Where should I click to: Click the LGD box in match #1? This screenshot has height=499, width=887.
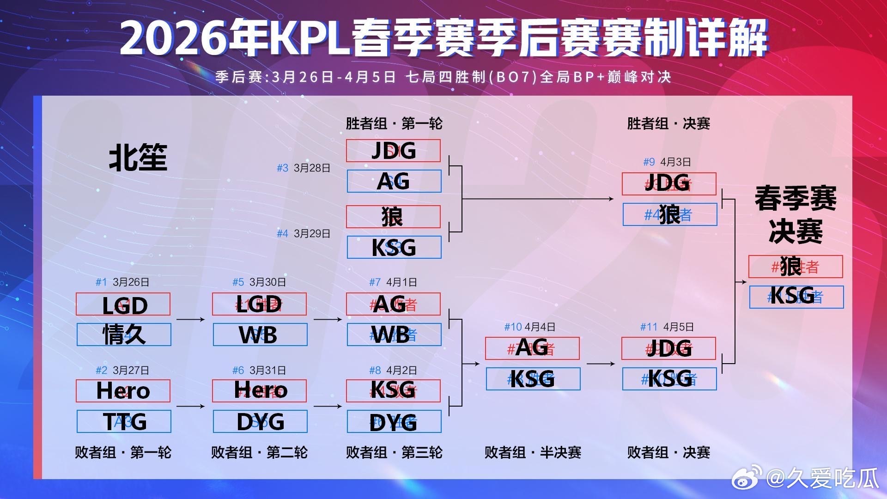123,304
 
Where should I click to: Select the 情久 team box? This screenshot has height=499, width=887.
124,335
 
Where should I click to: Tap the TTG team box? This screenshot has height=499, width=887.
124,421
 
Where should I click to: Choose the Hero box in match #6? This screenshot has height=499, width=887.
259,391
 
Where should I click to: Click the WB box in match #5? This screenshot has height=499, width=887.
260,335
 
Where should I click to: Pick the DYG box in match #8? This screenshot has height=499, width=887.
394,421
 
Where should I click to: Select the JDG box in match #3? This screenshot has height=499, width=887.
393,151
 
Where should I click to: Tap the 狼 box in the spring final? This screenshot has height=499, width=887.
796,267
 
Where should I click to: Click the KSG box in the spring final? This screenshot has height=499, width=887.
796,297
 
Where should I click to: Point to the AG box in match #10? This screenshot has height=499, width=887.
532,348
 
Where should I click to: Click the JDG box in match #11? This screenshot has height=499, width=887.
668,348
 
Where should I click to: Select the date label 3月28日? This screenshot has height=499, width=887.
312,168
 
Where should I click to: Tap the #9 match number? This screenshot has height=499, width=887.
649,162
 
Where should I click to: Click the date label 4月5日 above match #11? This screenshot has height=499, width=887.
678,327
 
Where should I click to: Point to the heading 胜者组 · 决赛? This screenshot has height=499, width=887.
668,124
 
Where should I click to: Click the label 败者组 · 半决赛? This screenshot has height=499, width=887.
533,452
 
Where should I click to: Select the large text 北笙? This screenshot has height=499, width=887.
138,158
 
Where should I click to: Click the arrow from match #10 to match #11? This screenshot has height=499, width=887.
601,364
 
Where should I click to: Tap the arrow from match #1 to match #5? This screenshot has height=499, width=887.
190,319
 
